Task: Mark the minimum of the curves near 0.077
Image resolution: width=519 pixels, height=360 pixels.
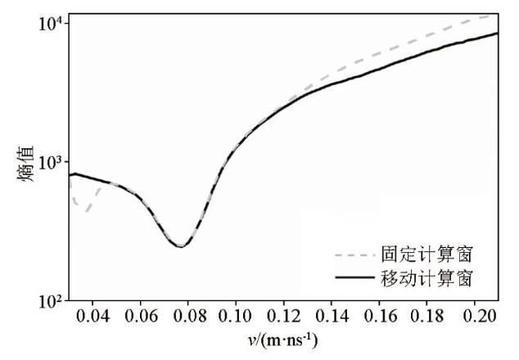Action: pyautogui.click(x=181, y=245)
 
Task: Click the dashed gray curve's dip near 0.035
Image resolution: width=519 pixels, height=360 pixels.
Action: pyautogui.click(x=84, y=212)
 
